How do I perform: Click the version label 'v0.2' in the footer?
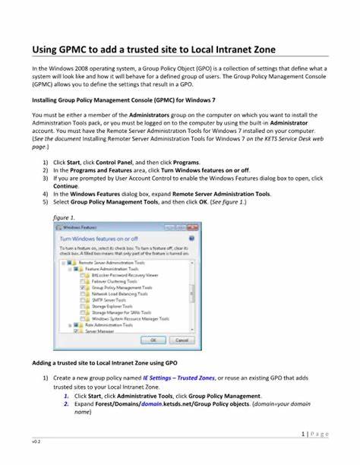pos(36,441)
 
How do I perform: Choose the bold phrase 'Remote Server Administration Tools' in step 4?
pos(220,193)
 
